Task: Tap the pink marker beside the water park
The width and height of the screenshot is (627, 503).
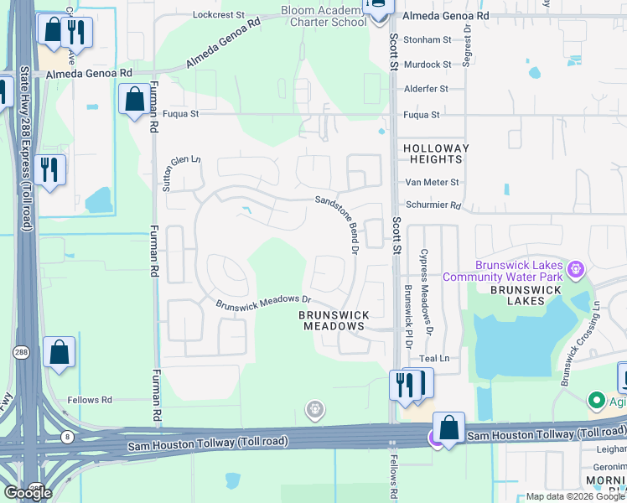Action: tap(575, 270)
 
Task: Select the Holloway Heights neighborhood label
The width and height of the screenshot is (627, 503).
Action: tap(436, 153)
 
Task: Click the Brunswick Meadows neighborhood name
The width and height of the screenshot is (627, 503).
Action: tap(334, 320)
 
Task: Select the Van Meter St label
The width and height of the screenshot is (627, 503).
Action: tap(432, 182)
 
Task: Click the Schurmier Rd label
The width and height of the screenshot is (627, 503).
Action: tap(433, 205)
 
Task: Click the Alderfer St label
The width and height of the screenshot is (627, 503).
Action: tap(427, 88)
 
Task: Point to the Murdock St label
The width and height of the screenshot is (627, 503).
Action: tap(427, 65)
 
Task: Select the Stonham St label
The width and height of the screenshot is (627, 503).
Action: tap(427, 39)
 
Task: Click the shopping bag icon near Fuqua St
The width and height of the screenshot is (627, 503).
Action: tap(134, 101)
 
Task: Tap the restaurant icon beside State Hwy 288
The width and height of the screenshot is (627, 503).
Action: tap(50, 170)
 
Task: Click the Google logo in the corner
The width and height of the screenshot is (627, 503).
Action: tap(28, 492)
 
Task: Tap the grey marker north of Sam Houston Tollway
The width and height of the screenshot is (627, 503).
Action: tap(314, 410)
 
